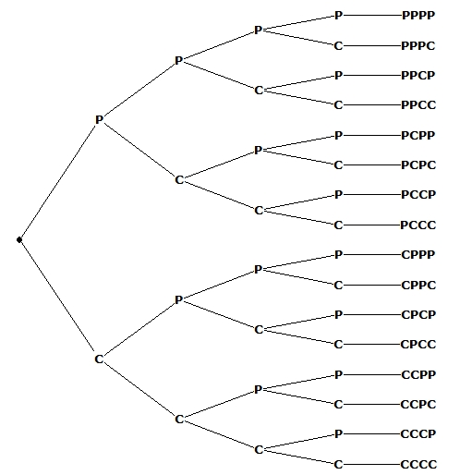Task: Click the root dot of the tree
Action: (x=18, y=240)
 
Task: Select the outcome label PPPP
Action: (x=418, y=16)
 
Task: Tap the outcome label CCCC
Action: (x=418, y=464)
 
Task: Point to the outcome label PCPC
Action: (x=418, y=165)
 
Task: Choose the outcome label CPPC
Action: (x=418, y=285)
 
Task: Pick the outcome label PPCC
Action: (x=418, y=105)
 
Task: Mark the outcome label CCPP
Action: (x=418, y=374)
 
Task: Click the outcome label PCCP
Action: (x=418, y=195)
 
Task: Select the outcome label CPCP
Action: (x=418, y=314)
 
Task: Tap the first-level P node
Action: (x=99, y=120)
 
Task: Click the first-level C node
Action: (x=99, y=359)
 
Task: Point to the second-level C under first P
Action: (x=179, y=180)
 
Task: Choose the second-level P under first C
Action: (x=179, y=299)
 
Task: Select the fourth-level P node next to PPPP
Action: (x=338, y=16)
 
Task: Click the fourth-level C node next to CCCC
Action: (x=338, y=464)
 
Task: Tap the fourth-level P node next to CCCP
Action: (x=338, y=433)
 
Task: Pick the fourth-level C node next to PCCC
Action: (x=338, y=225)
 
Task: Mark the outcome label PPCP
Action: (x=418, y=76)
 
